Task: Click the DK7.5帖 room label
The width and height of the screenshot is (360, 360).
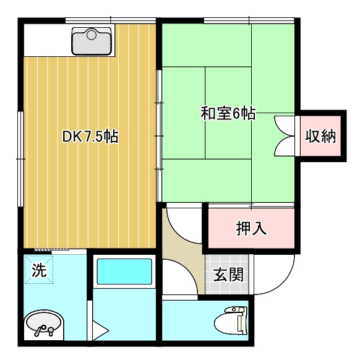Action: pyautogui.click(x=90, y=137)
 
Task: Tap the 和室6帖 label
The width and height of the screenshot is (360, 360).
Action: pyautogui.click(x=228, y=113)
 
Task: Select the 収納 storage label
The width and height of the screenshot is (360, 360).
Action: pyautogui.click(x=320, y=136)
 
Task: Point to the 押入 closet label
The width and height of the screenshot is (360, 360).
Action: pyautogui.click(x=251, y=228)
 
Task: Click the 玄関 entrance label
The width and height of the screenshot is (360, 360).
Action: pyautogui.click(x=228, y=275)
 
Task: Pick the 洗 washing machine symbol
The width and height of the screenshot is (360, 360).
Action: pyautogui.click(x=39, y=270)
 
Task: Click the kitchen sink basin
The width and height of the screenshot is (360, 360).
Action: pyautogui.click(x=92, y=41)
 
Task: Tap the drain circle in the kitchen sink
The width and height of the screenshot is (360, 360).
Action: pyautogui.click(x=92, y=35)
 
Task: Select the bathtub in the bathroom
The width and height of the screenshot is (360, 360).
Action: pyautogui.click(x=124, y=272)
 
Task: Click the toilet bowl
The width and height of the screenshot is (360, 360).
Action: pyautogui.click(x=227, y=322)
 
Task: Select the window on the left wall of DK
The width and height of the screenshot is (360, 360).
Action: pyautogui.click(x=21, y=159)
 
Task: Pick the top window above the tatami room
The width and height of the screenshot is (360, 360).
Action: pyautogui.click(x=249, y=20)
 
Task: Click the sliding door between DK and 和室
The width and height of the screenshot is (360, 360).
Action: pyautogui.click(x=159, y=136)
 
